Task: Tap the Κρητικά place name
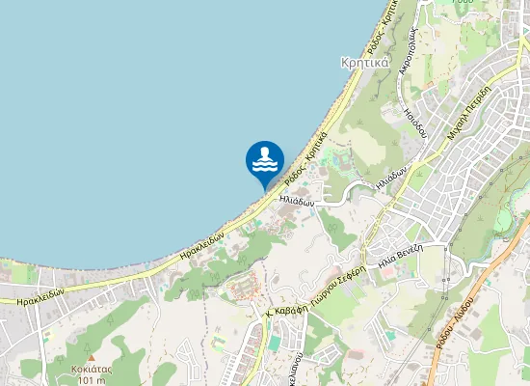364,63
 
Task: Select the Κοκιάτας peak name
92,369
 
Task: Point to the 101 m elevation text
92,380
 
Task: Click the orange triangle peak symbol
92,357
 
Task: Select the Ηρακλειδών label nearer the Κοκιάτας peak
40,296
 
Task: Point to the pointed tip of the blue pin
265,186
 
